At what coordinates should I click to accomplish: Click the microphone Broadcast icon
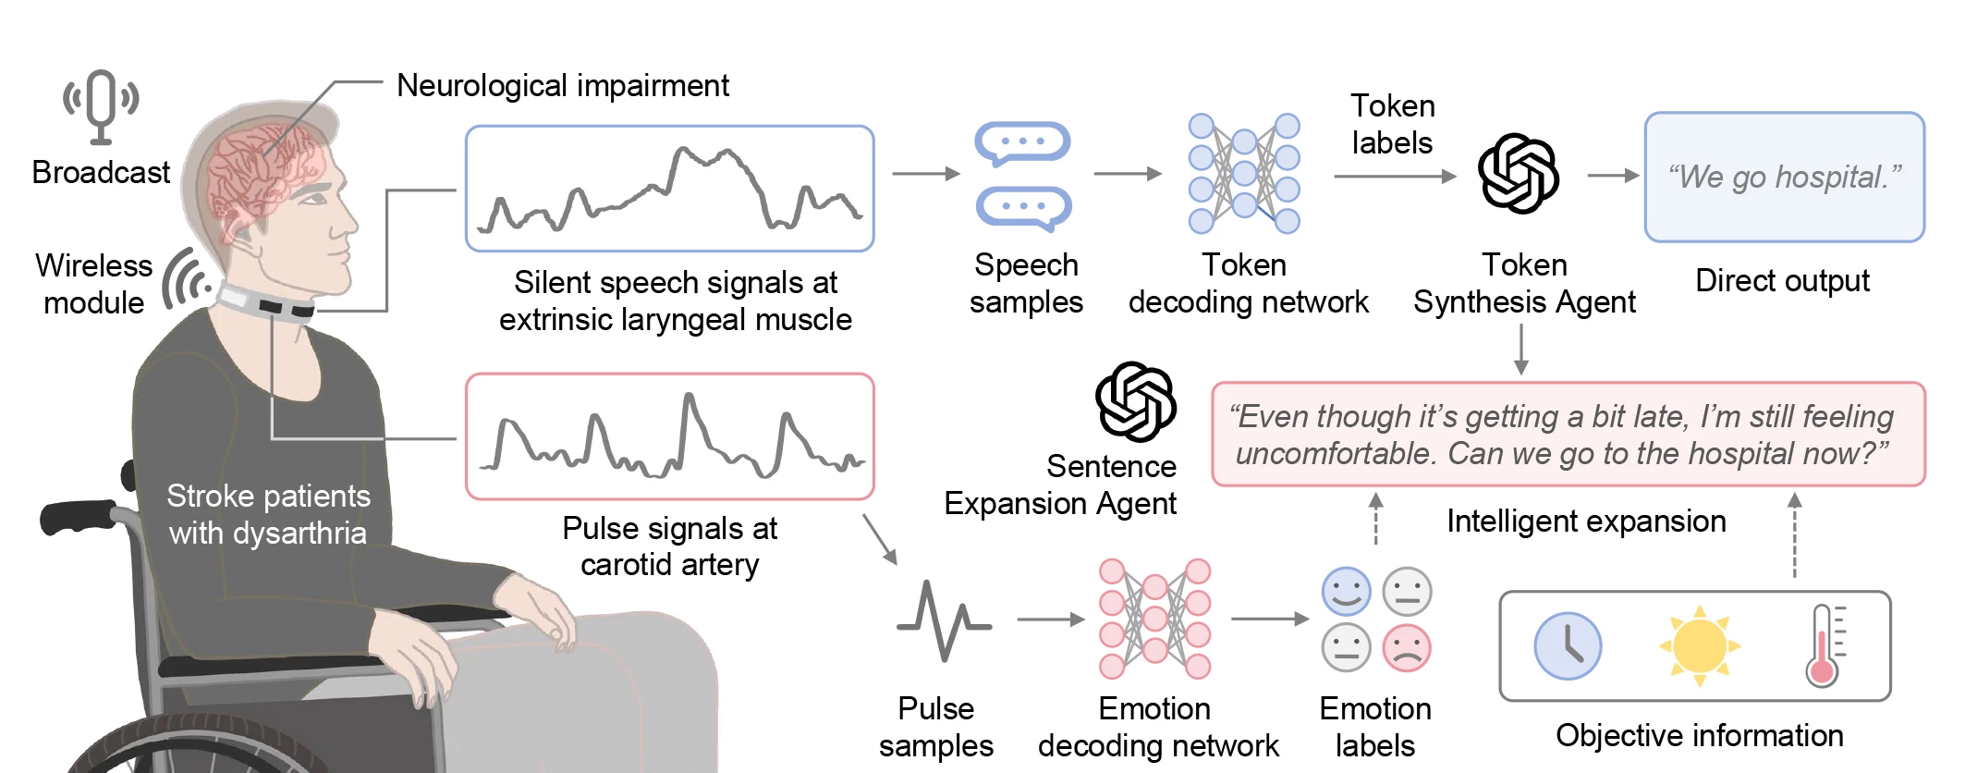tap(101, 105)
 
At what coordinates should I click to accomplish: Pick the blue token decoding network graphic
tap(1244, 174)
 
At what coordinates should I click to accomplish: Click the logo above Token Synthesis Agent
tap(1518, 173)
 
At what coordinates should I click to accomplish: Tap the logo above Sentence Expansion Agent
tap(1135, 401)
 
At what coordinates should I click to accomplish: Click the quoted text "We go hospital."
tap(1784, 177)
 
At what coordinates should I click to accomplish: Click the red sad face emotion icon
tap(1407, 648)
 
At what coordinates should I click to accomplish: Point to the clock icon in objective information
tap(1568, 645)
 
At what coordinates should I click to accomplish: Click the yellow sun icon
tap(1699, 645)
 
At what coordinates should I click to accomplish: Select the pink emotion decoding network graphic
tap(1154, 618)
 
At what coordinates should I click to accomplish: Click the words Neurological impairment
tap(562, 85)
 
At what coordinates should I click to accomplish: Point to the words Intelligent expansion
tap(1586, 521)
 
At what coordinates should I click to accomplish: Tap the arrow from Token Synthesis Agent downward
tap(1521, 350)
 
